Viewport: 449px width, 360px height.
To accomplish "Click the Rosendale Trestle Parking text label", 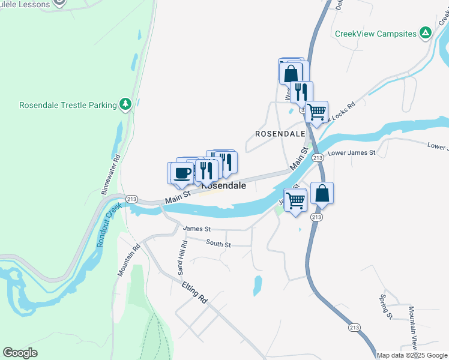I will pos(68,105).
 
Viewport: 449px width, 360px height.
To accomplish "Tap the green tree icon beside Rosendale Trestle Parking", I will pos(125,105).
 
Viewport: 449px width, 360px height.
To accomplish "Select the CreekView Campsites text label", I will pos(375,34).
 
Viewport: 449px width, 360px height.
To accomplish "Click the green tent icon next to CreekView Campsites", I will pos(425,33).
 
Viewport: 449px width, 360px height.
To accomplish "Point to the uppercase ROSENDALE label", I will pos(280,133).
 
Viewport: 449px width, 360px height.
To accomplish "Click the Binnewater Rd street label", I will pos(112,174).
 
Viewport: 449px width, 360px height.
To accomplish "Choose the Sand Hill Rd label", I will pos(181,259).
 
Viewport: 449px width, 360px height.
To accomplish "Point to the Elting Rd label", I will pos(194,293).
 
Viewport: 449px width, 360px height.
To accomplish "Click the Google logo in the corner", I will pos(20,353).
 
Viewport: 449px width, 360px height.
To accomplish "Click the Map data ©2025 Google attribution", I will pos(412,355).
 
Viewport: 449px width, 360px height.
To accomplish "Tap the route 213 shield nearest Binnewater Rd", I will pos(131,199).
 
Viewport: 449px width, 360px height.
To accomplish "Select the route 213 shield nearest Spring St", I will pos(354,327).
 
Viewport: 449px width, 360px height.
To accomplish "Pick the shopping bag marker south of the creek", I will pos(322,193).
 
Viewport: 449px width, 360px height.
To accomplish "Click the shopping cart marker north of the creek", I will pos(316,111).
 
